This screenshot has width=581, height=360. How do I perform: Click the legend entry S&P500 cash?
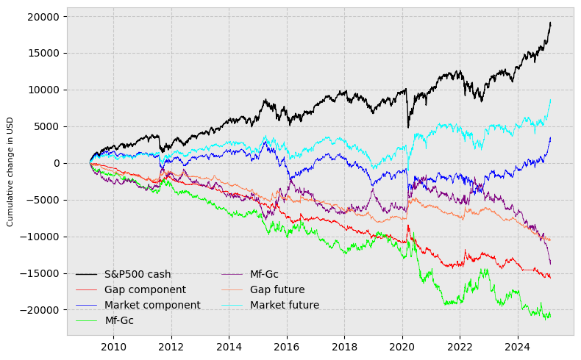[138, 275]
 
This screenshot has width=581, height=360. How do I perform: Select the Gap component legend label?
[145, 290]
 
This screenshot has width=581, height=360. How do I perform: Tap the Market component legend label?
[152, 306]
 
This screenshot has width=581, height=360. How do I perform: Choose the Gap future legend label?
[277, 290]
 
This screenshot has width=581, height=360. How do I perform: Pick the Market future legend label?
[285, 306]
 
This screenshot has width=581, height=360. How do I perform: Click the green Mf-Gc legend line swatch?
[87, 321]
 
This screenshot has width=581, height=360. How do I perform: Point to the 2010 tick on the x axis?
[113, 347]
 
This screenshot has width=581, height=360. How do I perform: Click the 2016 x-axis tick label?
[287, 347]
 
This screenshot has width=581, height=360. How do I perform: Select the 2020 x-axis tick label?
[402, 347]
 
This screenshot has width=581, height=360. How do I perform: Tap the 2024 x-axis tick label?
[518, 347]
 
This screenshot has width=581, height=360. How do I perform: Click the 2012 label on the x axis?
[171, 347]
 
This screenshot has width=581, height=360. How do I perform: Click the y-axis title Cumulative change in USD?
[11, 171]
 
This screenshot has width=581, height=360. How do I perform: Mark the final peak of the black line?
[550, 23]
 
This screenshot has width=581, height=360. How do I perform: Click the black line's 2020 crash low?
[408, 128]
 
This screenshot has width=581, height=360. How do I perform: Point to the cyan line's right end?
[550, 100]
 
